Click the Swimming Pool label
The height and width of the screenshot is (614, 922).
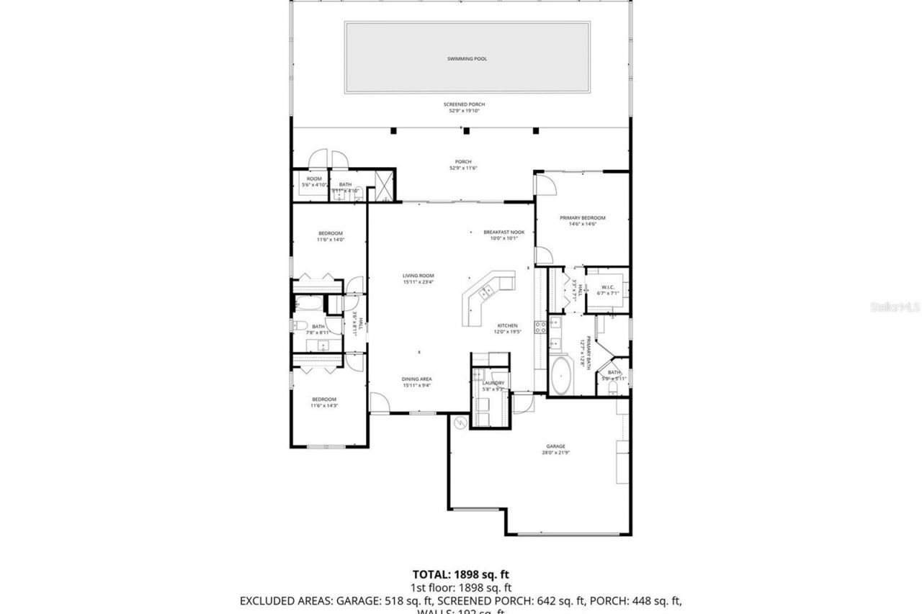pos(467,58)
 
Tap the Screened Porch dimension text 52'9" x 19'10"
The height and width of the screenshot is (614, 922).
pos(463,111)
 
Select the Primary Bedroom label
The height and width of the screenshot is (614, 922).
pos(583,217)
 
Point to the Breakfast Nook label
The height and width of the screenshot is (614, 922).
pos(503,232)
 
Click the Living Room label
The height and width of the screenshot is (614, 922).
pos(418,276)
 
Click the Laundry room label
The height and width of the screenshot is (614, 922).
pos(493,383)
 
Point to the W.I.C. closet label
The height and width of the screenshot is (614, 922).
pos(608,287)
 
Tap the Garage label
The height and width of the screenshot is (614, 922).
pos(555,446)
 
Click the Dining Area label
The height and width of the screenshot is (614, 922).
pos(417,379)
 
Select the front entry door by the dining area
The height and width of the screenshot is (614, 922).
pos(379,403)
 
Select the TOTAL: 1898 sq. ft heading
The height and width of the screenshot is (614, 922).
pos(461,574)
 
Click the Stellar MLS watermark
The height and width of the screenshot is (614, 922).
pos(895,307)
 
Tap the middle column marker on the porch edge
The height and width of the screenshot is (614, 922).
pos(466,130)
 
